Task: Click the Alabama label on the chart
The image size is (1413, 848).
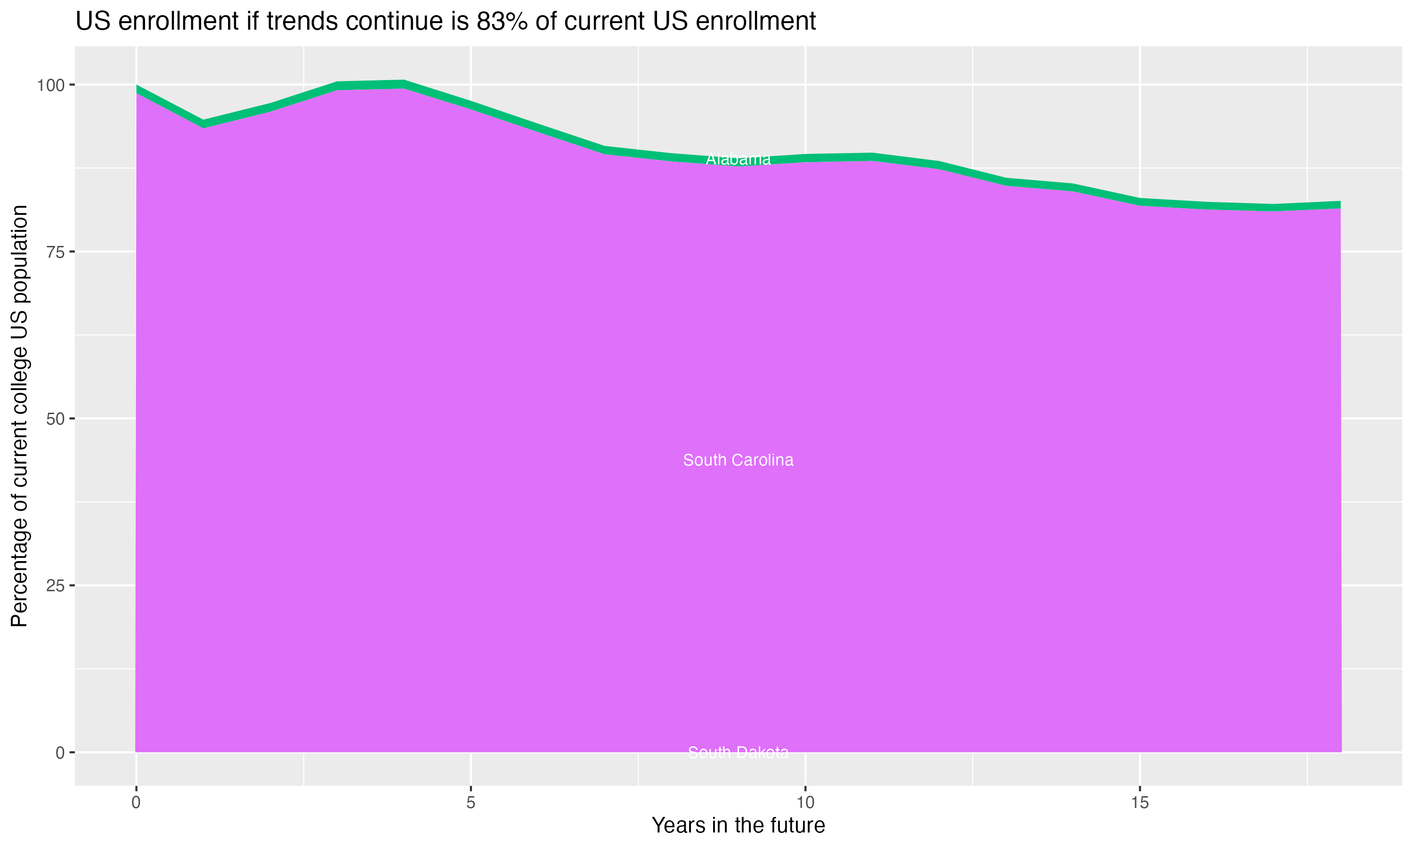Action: [x=738, y=159]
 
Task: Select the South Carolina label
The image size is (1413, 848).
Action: [x=738, y=460]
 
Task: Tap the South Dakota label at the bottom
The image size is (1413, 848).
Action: [x=738, y=752]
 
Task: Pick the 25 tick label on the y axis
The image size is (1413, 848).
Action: [x=55, y=586]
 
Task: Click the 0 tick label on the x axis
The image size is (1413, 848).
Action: [x=136, y=803]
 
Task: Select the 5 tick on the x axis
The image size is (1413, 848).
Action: [x=471, y=803]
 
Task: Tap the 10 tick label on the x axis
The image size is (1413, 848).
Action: [x=805, y=803]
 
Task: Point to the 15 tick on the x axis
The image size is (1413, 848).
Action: [x=1139, y=803]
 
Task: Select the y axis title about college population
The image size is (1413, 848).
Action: [x=19, y=416]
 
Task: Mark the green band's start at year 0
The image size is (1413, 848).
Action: [x=138, y=89]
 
